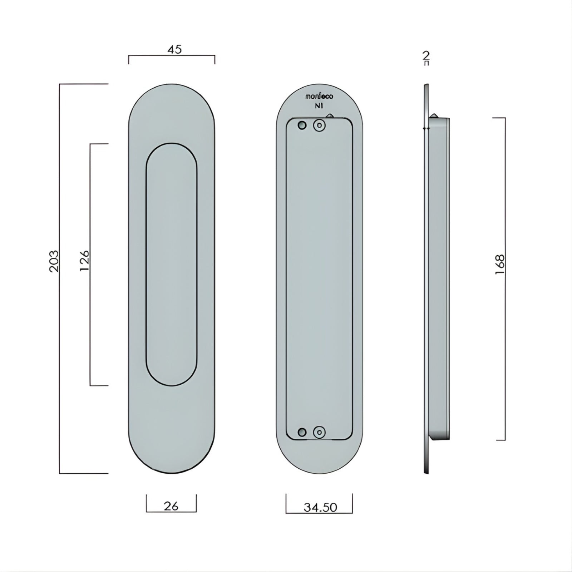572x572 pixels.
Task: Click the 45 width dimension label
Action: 174,49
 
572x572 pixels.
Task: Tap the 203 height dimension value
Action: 54,261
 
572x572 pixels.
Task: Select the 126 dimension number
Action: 84,261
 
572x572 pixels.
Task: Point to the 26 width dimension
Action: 171,506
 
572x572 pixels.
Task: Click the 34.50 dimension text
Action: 320,507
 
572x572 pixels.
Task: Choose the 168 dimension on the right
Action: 500,265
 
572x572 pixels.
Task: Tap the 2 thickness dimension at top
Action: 426,55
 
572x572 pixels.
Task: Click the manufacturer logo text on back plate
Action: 319,97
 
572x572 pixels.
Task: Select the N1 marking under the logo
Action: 319,106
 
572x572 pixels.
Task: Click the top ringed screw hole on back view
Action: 319,125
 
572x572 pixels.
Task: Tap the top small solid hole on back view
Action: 302,125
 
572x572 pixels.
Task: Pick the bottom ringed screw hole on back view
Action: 319,432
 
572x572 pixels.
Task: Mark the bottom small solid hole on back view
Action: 302,432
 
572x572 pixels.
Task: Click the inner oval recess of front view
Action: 172,265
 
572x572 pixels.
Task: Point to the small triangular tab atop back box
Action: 330,115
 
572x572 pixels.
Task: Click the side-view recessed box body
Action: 439,279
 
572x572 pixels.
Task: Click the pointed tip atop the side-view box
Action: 434,115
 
